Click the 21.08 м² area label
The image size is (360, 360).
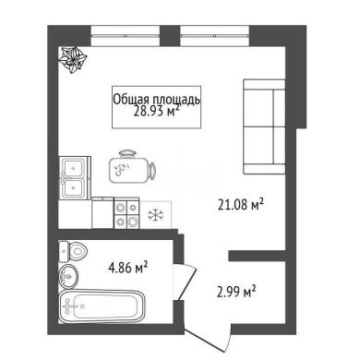point(241,204)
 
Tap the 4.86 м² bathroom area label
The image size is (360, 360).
point(128,267)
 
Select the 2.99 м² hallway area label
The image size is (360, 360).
point(236,292)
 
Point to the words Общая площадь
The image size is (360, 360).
point(157,100)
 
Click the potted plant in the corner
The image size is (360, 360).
point(73,60)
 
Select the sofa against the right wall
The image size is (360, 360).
point(264,126)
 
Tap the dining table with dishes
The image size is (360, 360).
point(128,170)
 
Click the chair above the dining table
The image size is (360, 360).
point(126,153)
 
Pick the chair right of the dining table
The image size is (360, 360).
point(152,171)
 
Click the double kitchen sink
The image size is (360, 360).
point(75,177)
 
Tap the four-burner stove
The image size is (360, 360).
point(126,214)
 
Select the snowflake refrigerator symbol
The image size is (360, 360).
point(155,215)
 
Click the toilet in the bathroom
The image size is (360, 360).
point(73,251)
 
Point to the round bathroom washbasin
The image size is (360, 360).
point(68,276)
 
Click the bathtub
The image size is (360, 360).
point(102,306)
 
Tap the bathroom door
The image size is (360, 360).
point(186,281)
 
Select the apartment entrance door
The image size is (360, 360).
point(210,338)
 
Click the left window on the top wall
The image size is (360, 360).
point(126,36)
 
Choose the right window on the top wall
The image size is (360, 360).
point(215,36)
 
